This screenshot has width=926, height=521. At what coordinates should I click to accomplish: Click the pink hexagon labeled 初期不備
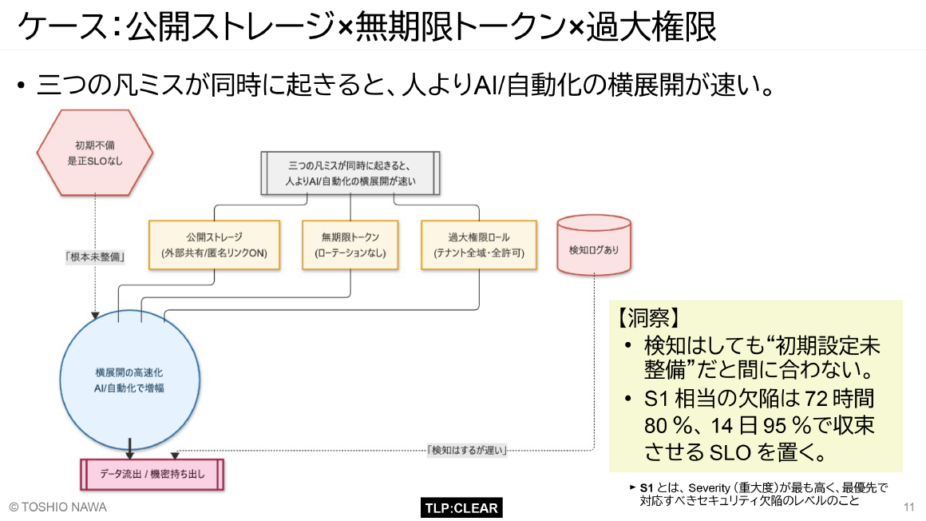coord(95,153)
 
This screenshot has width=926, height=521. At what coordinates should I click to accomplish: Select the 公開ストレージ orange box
coord(214,245)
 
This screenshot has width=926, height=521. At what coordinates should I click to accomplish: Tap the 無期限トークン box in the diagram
coord(350,245)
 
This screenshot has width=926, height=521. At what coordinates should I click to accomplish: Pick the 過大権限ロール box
coord(479,245)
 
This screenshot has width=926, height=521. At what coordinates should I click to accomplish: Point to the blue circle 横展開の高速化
coord(129,380)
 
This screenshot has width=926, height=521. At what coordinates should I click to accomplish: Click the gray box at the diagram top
coord(350,173)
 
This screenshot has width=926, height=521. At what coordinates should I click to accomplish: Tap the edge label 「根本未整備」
coord(96,257)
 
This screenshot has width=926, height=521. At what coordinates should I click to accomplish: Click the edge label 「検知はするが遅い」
coord(469,450)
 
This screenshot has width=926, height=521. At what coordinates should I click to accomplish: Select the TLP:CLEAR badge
coord(461,507)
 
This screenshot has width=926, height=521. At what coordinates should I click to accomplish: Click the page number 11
coord(908,507)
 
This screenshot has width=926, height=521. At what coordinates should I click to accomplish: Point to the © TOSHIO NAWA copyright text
coord(57,507)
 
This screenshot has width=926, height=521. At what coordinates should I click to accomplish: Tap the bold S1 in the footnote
coord(647,487)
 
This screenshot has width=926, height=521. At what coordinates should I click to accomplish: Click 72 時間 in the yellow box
coord(839,398)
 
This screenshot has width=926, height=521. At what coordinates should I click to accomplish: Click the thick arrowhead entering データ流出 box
coord(129,453)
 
